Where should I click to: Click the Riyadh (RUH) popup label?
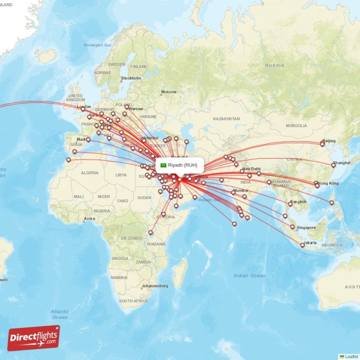[x=182, y=165]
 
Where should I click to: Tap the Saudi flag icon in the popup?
[x=164, y=165]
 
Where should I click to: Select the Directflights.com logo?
[x=33, y=338]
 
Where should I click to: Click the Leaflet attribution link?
[x=351, y=356]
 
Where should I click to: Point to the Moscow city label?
[x=169, y=92]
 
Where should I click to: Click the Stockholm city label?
[x=131, y=78]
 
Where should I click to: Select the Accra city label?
[x=89, y=219]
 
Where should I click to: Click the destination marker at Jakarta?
[x=303, y=245]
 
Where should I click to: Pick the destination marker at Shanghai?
[x=333, y=165]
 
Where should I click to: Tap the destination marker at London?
[x=83, y=109]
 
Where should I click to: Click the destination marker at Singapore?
[x=292, y=227]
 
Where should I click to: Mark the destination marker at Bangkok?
[x=290, y=204]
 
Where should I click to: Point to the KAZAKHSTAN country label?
[x=226, y=118]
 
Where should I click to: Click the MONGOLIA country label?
[x=296, y=125]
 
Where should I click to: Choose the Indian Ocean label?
[x=249, y=275]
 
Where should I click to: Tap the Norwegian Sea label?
[x=97, y=45]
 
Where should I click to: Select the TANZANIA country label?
[x=156, y=243]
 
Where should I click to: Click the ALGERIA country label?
[x=89, y=173]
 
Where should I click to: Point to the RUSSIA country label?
[x=274, y=65]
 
